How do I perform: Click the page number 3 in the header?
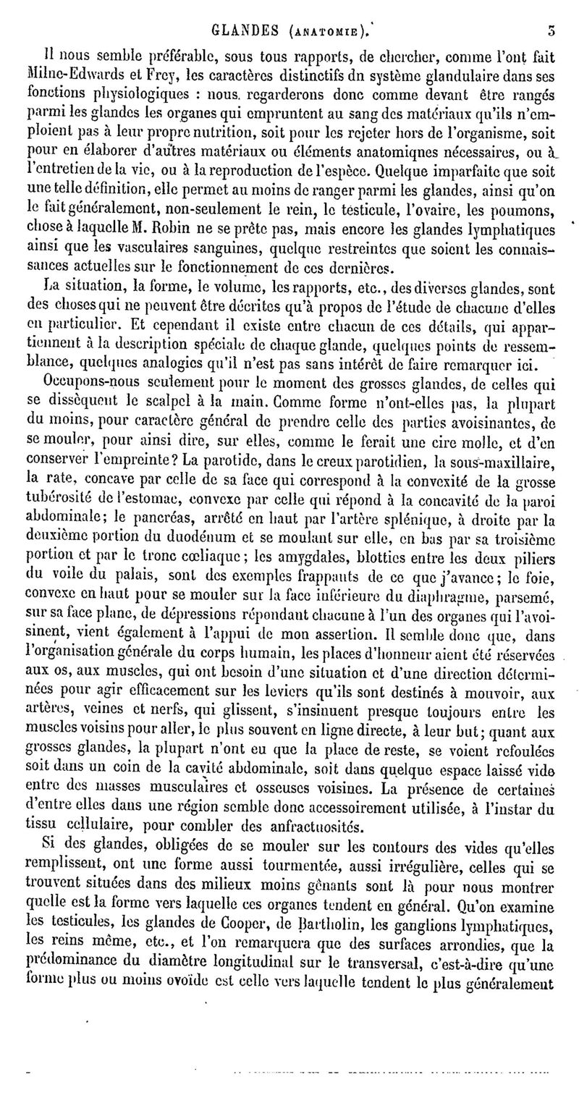point(551,11)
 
